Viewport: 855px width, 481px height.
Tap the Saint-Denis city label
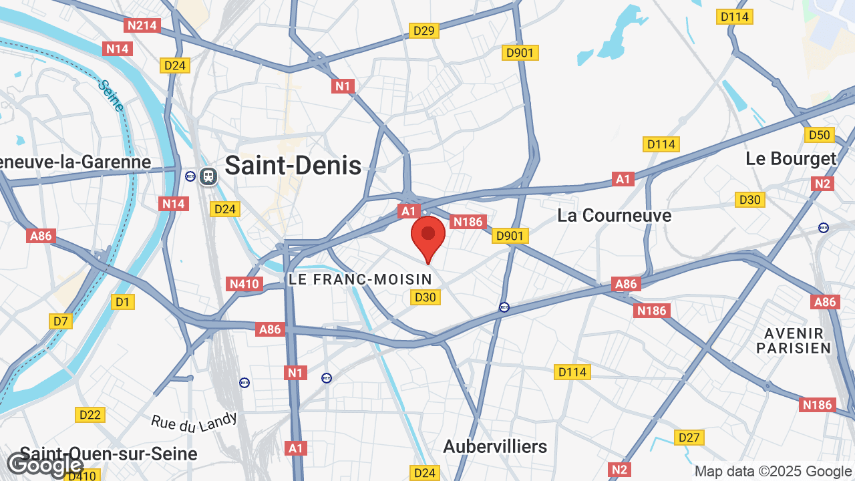(293, 166)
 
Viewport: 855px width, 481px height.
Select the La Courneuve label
(615, 216)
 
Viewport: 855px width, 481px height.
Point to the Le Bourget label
(791, 159)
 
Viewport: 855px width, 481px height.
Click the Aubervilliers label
(495, 446)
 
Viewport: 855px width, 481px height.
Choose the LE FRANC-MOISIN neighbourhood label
(360, 279)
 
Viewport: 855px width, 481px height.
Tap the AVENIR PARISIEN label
(794, 341)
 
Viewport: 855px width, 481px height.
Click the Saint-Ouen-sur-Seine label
(109, 454)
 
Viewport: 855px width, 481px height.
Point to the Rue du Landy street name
(194, 421)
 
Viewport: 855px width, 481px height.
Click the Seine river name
(111, 96)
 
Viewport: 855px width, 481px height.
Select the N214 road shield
(142, 25)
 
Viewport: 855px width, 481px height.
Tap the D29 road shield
(424, 30)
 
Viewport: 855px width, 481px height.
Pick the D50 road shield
(819, 135)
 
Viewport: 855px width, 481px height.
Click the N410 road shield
(244, 284)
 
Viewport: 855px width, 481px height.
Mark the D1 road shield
(122, 302)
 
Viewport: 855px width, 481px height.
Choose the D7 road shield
(61, 321)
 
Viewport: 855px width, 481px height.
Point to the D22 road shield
(90, 415)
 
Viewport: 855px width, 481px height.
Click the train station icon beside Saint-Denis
(208, 176)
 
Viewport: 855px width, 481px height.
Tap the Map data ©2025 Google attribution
(773, 472)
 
